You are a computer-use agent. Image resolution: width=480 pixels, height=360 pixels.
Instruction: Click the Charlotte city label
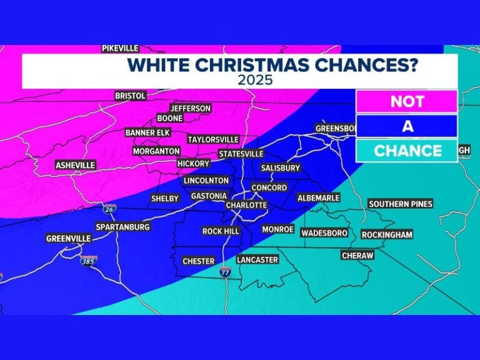tap(246, 205)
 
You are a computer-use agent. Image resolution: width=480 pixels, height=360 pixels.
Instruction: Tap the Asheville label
tap(75, 165)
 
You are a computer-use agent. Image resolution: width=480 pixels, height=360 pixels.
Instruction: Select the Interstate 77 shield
tap(225, 272)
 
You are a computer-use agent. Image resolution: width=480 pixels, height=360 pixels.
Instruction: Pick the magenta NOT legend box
tap(407, 102)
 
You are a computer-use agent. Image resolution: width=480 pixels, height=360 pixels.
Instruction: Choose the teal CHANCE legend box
tap(407, 151)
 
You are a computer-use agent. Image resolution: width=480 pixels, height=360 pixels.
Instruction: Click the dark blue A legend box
tap(407, 126)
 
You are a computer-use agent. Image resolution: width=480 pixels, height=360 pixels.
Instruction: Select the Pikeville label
tap(120, 48)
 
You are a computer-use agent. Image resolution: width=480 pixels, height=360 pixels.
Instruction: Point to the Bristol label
tap(130, 96)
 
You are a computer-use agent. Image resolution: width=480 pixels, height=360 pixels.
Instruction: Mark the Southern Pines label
tap(401, 204)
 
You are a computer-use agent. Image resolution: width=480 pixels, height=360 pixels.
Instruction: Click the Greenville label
tap(69, 239)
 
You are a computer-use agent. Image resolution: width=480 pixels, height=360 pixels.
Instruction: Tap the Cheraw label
tap(357, 256)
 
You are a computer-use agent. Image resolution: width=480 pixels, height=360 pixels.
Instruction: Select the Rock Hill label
tap(221, 231)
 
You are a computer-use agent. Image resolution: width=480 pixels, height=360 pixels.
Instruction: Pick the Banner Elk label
tap(147, 132)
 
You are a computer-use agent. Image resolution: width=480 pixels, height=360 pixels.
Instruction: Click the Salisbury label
tap(281, 167)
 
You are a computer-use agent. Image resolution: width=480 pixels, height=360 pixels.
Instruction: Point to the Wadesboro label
tap(324, 233)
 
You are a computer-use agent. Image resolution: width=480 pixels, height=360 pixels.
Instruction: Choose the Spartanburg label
tap(122, 227)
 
